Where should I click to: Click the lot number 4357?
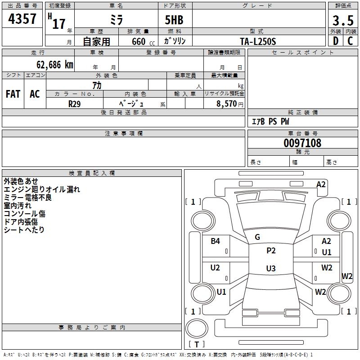pos(22,19)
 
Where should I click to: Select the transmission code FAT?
pos(13,94)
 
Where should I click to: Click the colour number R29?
pos(74,103)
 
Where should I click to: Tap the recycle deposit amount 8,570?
pos(227,103)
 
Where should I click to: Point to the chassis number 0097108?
pos(302,144)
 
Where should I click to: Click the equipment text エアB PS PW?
pos(270,121)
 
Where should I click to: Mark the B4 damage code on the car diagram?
pos(216,241)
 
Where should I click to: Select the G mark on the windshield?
pos(257,237)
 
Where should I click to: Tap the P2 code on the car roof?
pos(271,251)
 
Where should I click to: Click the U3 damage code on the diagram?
pos(270,268)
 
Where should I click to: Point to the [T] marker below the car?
pos(197,344)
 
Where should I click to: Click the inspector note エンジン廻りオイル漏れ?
pos(41,189)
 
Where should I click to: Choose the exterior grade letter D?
pos(335,41)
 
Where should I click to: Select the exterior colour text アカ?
pos(97,85)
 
